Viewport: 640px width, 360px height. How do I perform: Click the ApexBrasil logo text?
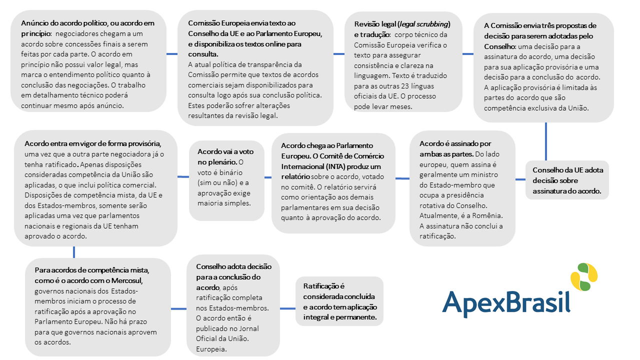click(506, 301)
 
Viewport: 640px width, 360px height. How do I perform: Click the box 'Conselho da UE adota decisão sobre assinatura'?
click(567, 180)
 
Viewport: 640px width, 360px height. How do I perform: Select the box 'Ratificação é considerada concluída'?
click(340, 301)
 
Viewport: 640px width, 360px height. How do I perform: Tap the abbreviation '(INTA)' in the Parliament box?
click(326, 166)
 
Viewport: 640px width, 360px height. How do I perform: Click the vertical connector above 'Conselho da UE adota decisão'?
click(546, 141)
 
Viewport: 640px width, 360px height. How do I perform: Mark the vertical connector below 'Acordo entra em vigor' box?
click(74, 252)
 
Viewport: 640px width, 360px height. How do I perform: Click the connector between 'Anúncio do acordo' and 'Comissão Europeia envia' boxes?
click(172, 54)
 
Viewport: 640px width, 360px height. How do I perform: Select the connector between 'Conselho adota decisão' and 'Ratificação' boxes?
click(287, 308)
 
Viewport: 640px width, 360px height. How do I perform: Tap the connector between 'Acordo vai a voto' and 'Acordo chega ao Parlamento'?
click(267, 177)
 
